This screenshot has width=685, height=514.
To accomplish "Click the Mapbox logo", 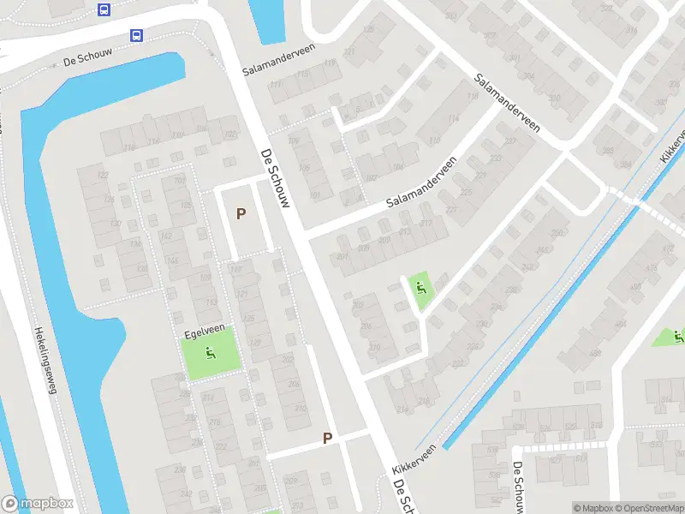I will click(x=36, y=504).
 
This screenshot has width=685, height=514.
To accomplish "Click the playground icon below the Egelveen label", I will click(x=210, y=351).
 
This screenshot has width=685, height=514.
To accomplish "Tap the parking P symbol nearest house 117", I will click(x=241, y=213).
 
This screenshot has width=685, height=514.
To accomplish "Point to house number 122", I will click(x=104, y=175).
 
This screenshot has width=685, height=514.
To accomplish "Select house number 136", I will click(x=134, y=244).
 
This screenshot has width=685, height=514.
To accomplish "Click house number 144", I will click(x=171, y=261).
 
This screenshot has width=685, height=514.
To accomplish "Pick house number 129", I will click(x=253, y=343).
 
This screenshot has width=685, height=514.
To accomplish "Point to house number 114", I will click(x=451, y=118).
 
